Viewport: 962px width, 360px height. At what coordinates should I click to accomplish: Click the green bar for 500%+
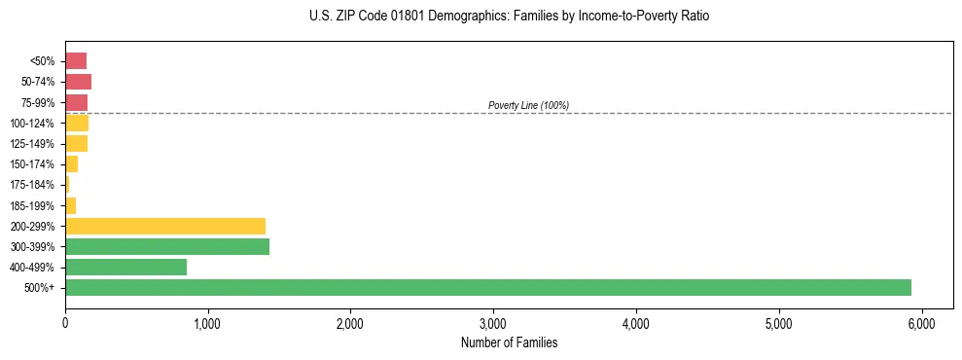tap(486, 287)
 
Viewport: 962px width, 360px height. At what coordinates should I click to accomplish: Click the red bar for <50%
tap(76, 61)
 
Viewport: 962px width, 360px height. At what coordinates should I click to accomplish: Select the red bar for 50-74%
tap(78, 82)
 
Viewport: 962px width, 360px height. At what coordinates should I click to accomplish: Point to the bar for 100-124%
tap(77, 123)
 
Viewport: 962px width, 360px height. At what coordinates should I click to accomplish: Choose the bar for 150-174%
tap(71, 164)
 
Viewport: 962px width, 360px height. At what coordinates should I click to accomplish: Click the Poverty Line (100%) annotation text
tap(528, 105)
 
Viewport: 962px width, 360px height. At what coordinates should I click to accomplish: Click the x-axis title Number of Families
tap(509, 342)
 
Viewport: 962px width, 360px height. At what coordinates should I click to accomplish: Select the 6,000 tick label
tap(921, 323)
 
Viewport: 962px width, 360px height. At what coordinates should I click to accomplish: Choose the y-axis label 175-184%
tap(32, 185)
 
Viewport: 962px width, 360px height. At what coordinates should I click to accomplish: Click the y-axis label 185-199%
tap(32, 205)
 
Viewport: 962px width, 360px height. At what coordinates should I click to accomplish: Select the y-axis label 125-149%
tap(32, 144)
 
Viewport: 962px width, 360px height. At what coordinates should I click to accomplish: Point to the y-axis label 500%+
tap(39, 288)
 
